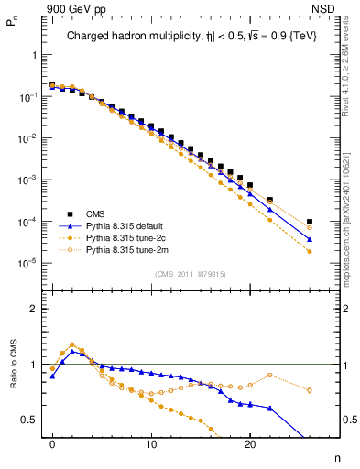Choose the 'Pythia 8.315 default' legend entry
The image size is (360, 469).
[123, 225]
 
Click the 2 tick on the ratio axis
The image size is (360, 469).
[34, 309]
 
